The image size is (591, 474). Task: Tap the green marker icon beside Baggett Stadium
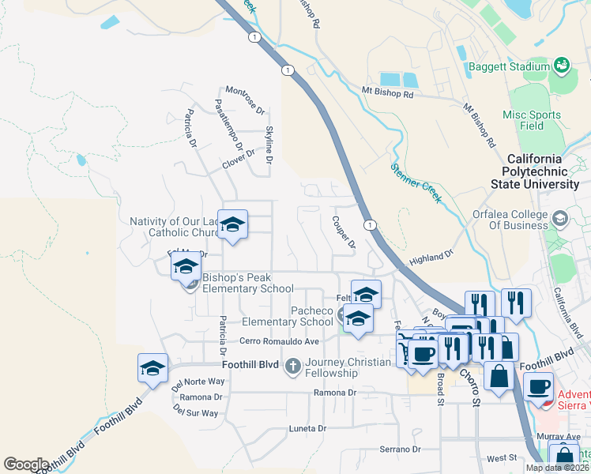point(562,64)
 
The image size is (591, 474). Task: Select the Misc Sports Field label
point(532,120)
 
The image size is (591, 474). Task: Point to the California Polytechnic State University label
point(545,171)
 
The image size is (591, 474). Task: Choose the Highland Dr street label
point(431,258)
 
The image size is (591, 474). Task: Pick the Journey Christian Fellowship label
point(348,368)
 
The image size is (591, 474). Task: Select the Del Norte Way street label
point(194,382)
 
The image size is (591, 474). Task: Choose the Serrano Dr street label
point(401,449)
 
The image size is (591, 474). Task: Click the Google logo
point(26,465)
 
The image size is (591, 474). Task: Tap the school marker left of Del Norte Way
point(153,367)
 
